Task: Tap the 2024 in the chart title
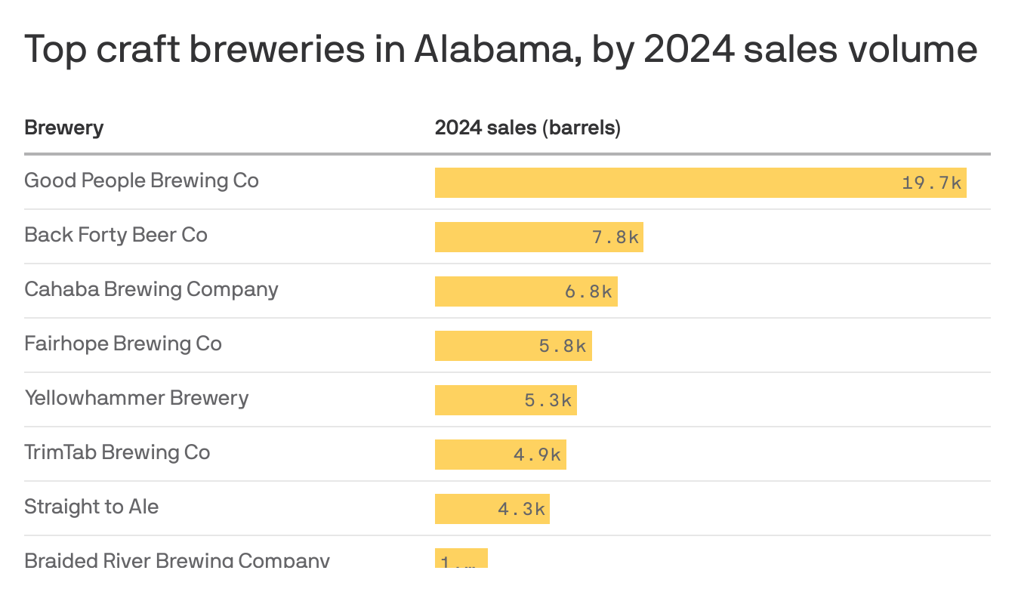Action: pos(689,50)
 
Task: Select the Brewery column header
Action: pos(63,128)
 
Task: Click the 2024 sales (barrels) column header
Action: pos(527,128)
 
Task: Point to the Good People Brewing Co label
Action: pos(141,180)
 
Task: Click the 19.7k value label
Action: pos(931,183)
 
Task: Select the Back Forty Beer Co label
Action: pos(116,235)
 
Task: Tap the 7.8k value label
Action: pos(615,238)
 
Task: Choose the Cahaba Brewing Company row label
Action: pos(151,289)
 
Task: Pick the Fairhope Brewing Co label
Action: pos(123,344)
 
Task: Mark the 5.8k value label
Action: pos(562,347)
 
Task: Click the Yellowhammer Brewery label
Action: pos(136,398)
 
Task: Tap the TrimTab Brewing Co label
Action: pos(117,452)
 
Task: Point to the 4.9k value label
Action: pos(537,455)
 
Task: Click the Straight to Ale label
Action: pos(91,507)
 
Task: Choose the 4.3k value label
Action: pos(521,510)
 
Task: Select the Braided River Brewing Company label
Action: pos(177,560)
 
